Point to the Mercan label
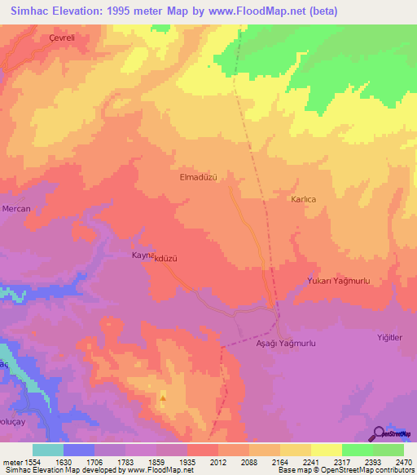(x=16, y=209)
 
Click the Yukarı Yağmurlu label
(x=340, y=281)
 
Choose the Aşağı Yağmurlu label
(x=280, y=344)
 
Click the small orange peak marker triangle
(x=163, y=399)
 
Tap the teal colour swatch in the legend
(x=48, y=450)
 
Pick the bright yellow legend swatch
(x=327, y=450)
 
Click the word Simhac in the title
(x=30, y=11)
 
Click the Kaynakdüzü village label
(x=155, y=256)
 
